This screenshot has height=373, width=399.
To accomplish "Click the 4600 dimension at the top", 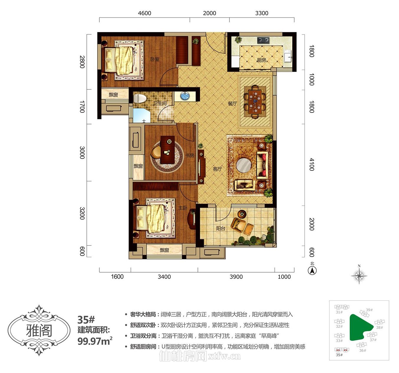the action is click(145, 13).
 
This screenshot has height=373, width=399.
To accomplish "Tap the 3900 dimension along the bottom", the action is click(236, 277).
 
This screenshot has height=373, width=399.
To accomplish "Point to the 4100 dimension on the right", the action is click(311, 164).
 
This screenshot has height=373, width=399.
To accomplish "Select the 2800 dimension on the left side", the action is click(82, 62).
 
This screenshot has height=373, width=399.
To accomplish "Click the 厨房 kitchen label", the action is click(261, 60).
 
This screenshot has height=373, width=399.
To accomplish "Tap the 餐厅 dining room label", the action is click(232, 103).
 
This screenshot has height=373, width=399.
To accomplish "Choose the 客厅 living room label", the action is click(217, 169).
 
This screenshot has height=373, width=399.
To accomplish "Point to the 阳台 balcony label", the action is click(221, 228).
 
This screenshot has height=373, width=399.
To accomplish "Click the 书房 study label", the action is click(190, 155).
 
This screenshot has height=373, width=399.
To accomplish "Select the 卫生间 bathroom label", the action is click(160, 103).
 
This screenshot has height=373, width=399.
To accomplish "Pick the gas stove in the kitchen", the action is click(263, 40).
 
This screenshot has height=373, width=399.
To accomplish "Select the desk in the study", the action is click(168, 149).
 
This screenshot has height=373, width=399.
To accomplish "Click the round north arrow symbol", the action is click(312, 270).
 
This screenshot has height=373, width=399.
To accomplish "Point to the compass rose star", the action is click(359, 276).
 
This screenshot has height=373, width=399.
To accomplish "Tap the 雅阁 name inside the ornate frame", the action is click(39, 331).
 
